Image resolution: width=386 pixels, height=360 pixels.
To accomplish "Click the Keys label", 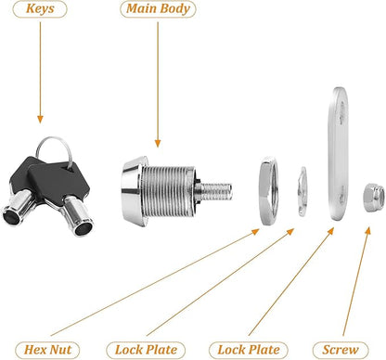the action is coord(40,9).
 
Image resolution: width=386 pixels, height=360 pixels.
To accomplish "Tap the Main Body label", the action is coord(158,9).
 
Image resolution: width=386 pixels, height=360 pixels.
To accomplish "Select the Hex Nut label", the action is coord(47,350).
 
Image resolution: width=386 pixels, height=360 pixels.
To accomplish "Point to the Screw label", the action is coord(341,350).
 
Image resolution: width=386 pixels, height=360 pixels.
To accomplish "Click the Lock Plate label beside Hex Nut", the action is coord(146,350).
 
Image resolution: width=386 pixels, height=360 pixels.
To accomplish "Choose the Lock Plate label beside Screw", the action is coord(249,350).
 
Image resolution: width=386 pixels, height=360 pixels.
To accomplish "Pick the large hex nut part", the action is coord(267,191).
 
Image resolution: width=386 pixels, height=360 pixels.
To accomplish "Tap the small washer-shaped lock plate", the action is coord(302,191).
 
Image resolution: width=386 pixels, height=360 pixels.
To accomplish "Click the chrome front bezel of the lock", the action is coord(133,191).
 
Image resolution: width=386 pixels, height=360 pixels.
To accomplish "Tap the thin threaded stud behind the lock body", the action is coord(216,191).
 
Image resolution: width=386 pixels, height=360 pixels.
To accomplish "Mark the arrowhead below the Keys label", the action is coord(40,120).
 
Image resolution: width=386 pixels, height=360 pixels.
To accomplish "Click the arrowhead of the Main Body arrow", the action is coord(158,143).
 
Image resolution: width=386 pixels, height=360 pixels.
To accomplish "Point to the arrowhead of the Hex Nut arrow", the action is coord(255,231).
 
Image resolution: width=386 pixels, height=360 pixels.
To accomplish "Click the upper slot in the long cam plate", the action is coord(341,112).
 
